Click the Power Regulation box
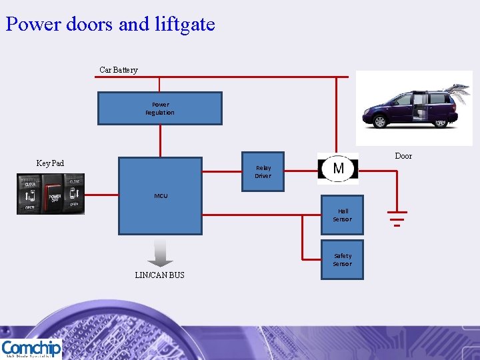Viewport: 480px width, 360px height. (160, 108)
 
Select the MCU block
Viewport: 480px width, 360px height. (160, 195)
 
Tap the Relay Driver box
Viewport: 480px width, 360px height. (263, 172)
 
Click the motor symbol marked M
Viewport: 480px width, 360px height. (338, 168)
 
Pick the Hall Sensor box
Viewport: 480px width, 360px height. (342, 215)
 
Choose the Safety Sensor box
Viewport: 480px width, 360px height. (342, 259)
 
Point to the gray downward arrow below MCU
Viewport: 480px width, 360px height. (159, 253)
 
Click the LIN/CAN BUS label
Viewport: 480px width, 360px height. (159, 275)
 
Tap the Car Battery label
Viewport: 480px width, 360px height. (119, 70)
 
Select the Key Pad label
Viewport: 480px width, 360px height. (50, 163)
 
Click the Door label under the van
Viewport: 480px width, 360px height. (403, 156)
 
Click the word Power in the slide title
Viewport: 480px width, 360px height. (31, 25)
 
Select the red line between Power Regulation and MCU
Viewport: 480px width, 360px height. (160, 141)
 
